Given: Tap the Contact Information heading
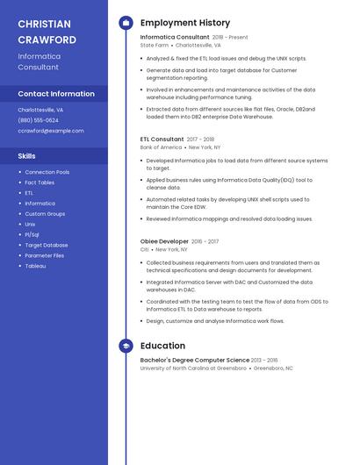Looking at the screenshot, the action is click(56, 94).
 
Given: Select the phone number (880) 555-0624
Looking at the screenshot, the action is click(39, 120).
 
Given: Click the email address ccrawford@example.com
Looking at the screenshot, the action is click(51, 131).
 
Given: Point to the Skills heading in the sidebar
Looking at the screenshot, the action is click(27, 156).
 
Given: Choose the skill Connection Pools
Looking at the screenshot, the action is click(47, 172).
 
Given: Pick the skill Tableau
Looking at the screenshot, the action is click(35, 266).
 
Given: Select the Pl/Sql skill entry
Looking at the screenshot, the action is click(32, 235).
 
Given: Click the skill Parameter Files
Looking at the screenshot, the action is click(45, 255).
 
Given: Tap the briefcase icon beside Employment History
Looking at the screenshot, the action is click(126, 23).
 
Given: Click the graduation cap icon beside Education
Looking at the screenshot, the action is click(126, 346).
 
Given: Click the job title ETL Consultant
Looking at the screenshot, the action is click(162, 139).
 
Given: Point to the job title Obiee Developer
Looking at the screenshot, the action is click(164, 241).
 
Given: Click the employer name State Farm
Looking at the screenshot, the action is click(154, 45).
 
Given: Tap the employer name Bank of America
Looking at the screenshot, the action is click(161, 147).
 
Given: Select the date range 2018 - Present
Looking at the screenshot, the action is click(230, 38).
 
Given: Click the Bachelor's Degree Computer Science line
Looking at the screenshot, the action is click(195, 360).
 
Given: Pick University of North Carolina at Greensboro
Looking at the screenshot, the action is click(194, 368).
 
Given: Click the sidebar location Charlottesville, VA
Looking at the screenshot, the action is click(40, 110).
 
